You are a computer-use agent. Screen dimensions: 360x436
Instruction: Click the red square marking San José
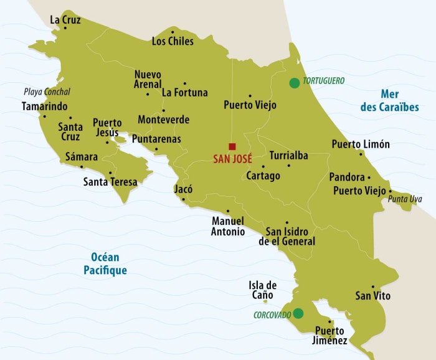click(232, 146)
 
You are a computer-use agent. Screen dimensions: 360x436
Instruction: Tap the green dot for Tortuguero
click(293, 82)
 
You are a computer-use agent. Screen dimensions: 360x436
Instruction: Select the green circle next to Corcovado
click(298, 313)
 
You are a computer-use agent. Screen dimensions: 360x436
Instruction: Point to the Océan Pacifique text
click(105, 263)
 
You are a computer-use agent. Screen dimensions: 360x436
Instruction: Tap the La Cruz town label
click(65, 19)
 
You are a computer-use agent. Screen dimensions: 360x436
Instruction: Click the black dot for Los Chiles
click(173, 31)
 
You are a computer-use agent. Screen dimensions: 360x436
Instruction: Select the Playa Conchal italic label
click(47, 92)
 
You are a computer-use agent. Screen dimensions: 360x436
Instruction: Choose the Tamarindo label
click(44, 106)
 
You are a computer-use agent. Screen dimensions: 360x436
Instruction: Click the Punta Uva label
click(404, 199)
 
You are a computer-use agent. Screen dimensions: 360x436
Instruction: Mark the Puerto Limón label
click(361, 144)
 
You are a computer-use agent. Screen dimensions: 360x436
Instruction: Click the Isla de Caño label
click(262, 290)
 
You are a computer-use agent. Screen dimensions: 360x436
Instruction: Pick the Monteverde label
click(163, 120)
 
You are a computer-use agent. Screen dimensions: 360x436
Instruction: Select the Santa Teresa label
click(110, 182)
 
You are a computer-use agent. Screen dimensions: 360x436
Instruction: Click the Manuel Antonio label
click(228, 226)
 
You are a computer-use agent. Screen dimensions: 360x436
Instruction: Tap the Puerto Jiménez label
click(330, 335)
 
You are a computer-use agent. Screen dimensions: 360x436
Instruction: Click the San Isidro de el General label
click(287, 236)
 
